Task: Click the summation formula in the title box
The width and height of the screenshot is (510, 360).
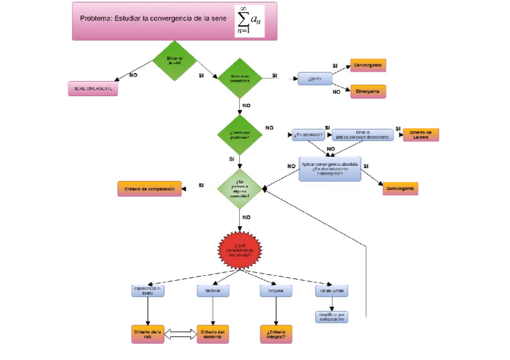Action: click(249, 21)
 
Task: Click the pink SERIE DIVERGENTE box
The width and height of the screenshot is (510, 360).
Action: click(93, 88)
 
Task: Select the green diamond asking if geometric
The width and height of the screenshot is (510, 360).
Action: click(239, 78)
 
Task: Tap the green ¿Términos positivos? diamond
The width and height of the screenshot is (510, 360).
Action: click(239, 135)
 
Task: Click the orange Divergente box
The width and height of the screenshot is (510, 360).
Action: click(367, 91)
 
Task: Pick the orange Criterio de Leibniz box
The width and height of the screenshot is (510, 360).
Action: click(420, 135)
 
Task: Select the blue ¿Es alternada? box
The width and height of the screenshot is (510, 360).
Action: click(309, 135)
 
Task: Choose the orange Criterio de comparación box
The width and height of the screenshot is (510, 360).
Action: click(149, 189)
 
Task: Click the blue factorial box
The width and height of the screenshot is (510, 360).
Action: click(212, 290)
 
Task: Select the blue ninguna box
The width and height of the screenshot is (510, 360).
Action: click(276, 291)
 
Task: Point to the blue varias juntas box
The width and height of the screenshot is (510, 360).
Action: click(331, 290)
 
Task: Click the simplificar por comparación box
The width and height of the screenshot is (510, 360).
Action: click(331, 317)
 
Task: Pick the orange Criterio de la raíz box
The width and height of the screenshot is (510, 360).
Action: click(147, 334)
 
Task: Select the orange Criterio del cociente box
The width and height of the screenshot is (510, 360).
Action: click(212, 334)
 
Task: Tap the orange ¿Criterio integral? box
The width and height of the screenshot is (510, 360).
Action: click(276, 334)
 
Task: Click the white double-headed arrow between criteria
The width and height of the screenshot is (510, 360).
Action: click(180, 334)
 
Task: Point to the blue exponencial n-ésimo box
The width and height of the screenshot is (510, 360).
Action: click(148, 290)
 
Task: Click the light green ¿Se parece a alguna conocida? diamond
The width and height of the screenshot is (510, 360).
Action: click(240, 188)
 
